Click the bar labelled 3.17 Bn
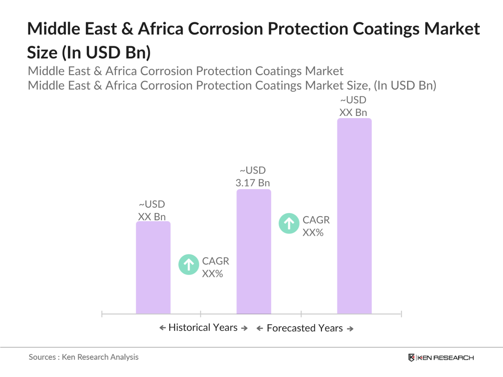(253, 252)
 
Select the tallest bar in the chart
(354, 216)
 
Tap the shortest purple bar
(153, 267)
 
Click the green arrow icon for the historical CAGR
(189, 265)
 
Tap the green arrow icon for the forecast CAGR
(289, 223)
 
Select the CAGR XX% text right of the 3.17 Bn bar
(316, 226)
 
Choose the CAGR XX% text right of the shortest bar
(215, 267)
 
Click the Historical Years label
(203, 327)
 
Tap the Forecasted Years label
(304, 328)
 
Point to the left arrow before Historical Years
(162, 328)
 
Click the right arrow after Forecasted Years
(350, 329)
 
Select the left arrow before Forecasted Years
(260, 329)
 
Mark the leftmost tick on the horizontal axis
(102, 314)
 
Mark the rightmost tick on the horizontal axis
(401, 314)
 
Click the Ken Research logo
(441, 358)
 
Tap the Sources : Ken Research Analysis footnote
(84, 357)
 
